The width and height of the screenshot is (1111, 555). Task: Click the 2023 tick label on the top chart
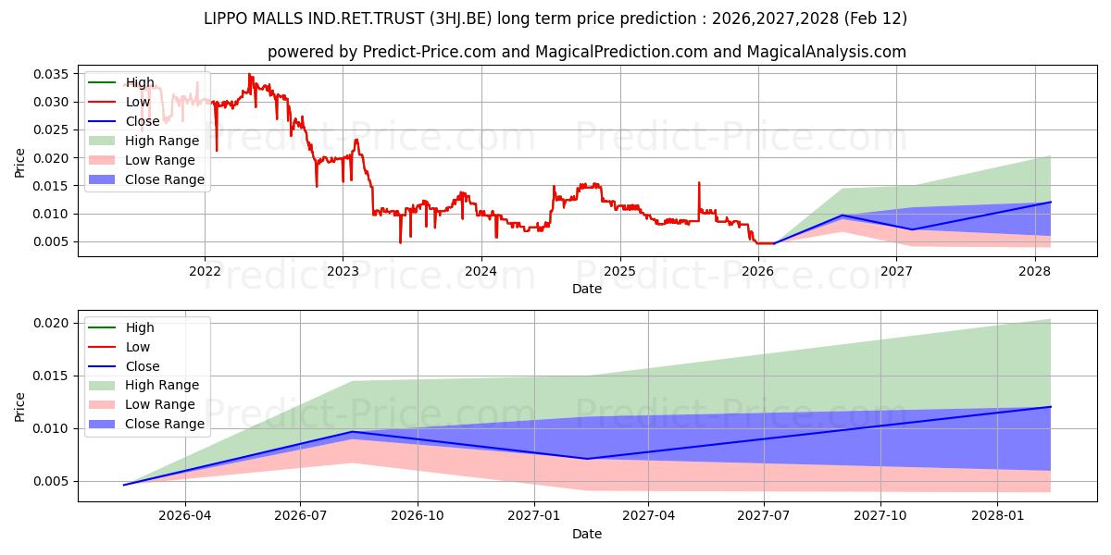tap(343, 271)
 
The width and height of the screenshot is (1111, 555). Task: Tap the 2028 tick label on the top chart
tap(1034, 271)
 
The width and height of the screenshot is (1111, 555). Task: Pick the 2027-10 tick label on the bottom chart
tap(880, 516)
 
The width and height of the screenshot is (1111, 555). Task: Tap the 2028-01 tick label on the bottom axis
tap(997, 516)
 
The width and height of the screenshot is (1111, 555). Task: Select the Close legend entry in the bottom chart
tap(143, 366)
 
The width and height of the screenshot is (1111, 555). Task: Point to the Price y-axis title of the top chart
tap(20, 163)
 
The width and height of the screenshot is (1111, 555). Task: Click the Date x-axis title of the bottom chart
tap(587, 534)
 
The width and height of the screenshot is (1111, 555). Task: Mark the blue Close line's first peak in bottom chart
tap(352, 432)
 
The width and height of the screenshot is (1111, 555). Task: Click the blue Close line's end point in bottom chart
tap(1051, 407)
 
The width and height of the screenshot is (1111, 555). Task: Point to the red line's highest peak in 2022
tap(247, 74)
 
